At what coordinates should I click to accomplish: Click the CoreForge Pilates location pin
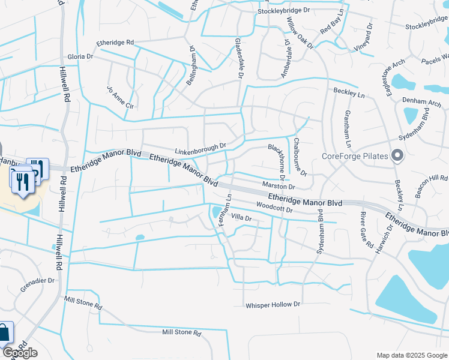tap(397, 156)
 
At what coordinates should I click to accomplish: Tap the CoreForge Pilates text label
tap(355, 157)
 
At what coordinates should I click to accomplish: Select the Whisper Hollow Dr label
tap(273, 305)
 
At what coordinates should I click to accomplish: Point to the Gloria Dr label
tap(80, 56)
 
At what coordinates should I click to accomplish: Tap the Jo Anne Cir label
tap(119, 97)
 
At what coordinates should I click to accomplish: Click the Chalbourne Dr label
tap(300, 157)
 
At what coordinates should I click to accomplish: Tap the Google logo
tap(20, 353)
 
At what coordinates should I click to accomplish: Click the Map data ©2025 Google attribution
tap(411, 355)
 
